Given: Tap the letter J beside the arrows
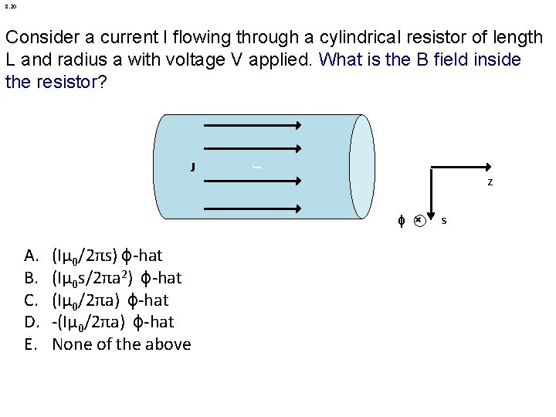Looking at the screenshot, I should (x=192, y=166).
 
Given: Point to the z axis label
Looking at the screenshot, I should (x=490, y=182).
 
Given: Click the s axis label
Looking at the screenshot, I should (x=443, y=221).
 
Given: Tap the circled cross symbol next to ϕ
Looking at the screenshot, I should (x=418, y=220).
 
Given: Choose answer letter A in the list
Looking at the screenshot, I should (x=32, y=256).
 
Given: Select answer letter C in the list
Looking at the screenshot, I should (x=31, y=300).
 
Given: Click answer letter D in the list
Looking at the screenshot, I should (x=32, y=322).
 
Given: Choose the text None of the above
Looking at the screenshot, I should (x=121, y=344).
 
